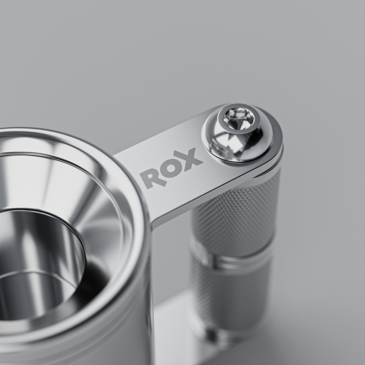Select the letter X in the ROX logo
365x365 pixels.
tap(191, 159)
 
